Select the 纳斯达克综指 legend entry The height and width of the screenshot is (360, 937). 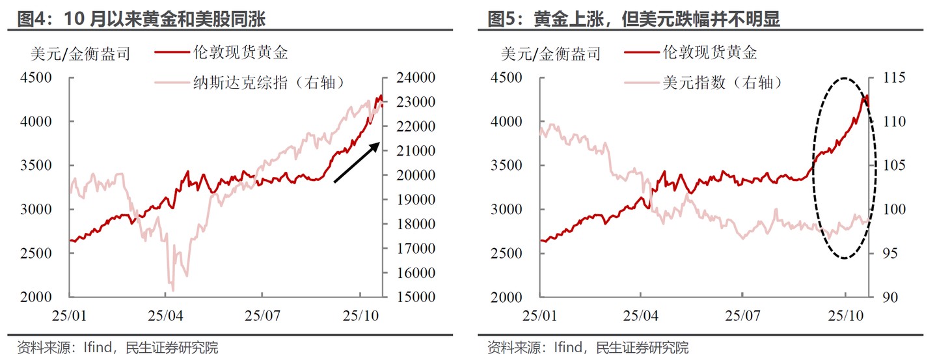tap(268, 83)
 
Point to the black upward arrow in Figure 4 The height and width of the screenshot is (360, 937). tap(357, 162)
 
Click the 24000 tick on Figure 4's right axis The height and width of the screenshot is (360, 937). tap(416, 77)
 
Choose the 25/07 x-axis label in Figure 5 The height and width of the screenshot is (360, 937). tap(742, 315)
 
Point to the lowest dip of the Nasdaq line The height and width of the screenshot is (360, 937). tap(172, 290)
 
